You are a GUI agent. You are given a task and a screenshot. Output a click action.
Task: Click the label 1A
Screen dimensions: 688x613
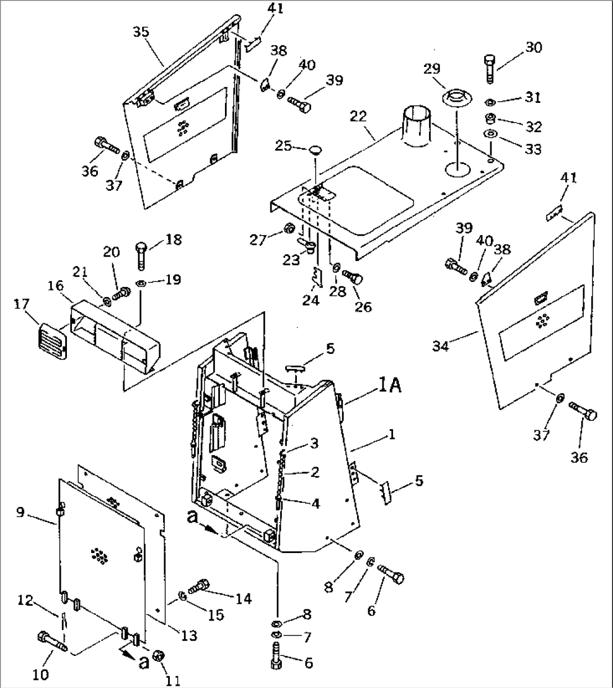point(389,386)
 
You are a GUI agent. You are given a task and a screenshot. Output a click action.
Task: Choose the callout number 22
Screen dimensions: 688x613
point(358,116)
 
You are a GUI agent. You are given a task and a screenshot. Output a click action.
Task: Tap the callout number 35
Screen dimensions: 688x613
point(141,32)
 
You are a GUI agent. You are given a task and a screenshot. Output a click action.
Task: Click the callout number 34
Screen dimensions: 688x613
point(441,347)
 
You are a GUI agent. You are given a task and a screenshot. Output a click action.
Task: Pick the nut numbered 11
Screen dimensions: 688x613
point(159,656)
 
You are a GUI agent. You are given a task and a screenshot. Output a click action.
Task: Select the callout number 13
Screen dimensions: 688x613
point(189,636)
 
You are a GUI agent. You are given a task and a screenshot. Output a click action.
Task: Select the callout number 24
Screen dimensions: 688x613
point(310,300)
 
